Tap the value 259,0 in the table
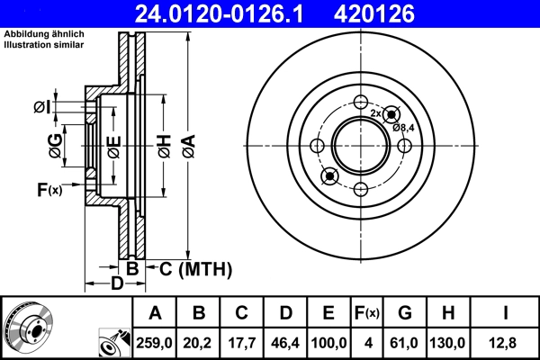[155, 343]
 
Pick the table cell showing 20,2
[199, 343]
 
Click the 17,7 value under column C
[242, 343]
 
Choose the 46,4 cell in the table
[285, 343]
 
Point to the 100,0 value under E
[328, 343]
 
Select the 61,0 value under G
[405, 343]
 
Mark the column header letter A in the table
[155, 313]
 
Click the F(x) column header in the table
[367, 313]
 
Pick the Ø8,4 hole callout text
[403, 127]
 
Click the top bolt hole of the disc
[361, 102]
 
